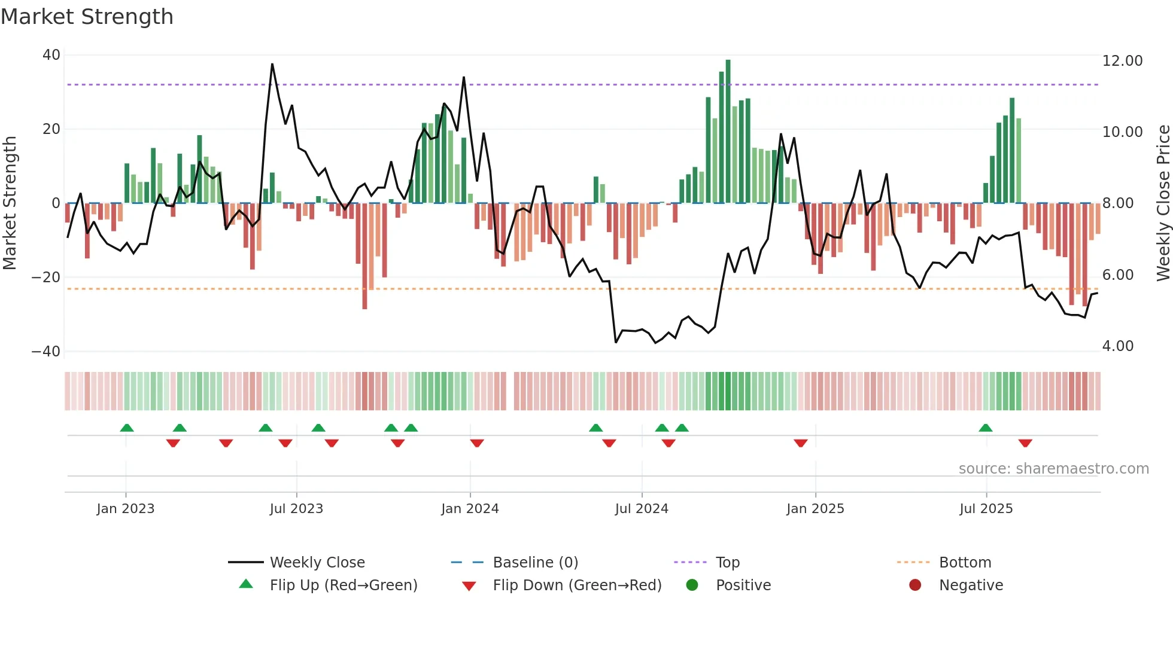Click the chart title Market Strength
(87, 17)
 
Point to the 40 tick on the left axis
(51, 55)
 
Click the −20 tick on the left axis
(45, 277)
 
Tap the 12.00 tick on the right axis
(1122, 61)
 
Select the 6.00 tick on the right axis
(1117, 275)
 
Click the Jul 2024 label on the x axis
(642, 509)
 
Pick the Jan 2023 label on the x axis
(126, 509)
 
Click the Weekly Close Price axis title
(1163, 203)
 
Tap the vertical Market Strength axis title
(10, 203)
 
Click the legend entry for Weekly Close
(317, 563)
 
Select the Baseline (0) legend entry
(535, 563)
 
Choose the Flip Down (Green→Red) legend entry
(577, 585)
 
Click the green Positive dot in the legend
(692, 585)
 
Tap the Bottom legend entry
(965, 563)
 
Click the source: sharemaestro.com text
(1053, 469)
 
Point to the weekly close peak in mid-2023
(272, 64)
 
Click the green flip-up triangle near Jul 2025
(986, 428)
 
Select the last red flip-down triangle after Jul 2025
(1025, 443)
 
